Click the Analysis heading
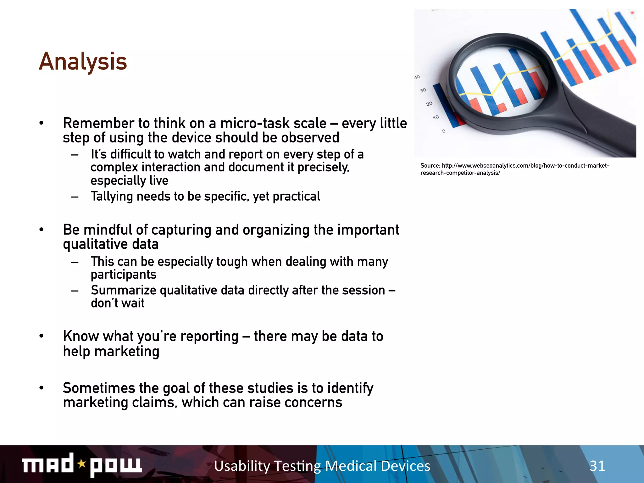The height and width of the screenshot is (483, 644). point(83,62)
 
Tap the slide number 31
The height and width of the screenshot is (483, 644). point(597,466)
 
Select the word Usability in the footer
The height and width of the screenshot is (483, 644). point(242,466)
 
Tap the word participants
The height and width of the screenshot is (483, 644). point(123,275)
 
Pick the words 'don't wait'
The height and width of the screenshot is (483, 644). point(118,303)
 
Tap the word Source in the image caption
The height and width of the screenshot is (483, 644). point(430,166)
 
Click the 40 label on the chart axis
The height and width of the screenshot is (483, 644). point(417,77)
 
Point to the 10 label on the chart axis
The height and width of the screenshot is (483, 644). point(436,117)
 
